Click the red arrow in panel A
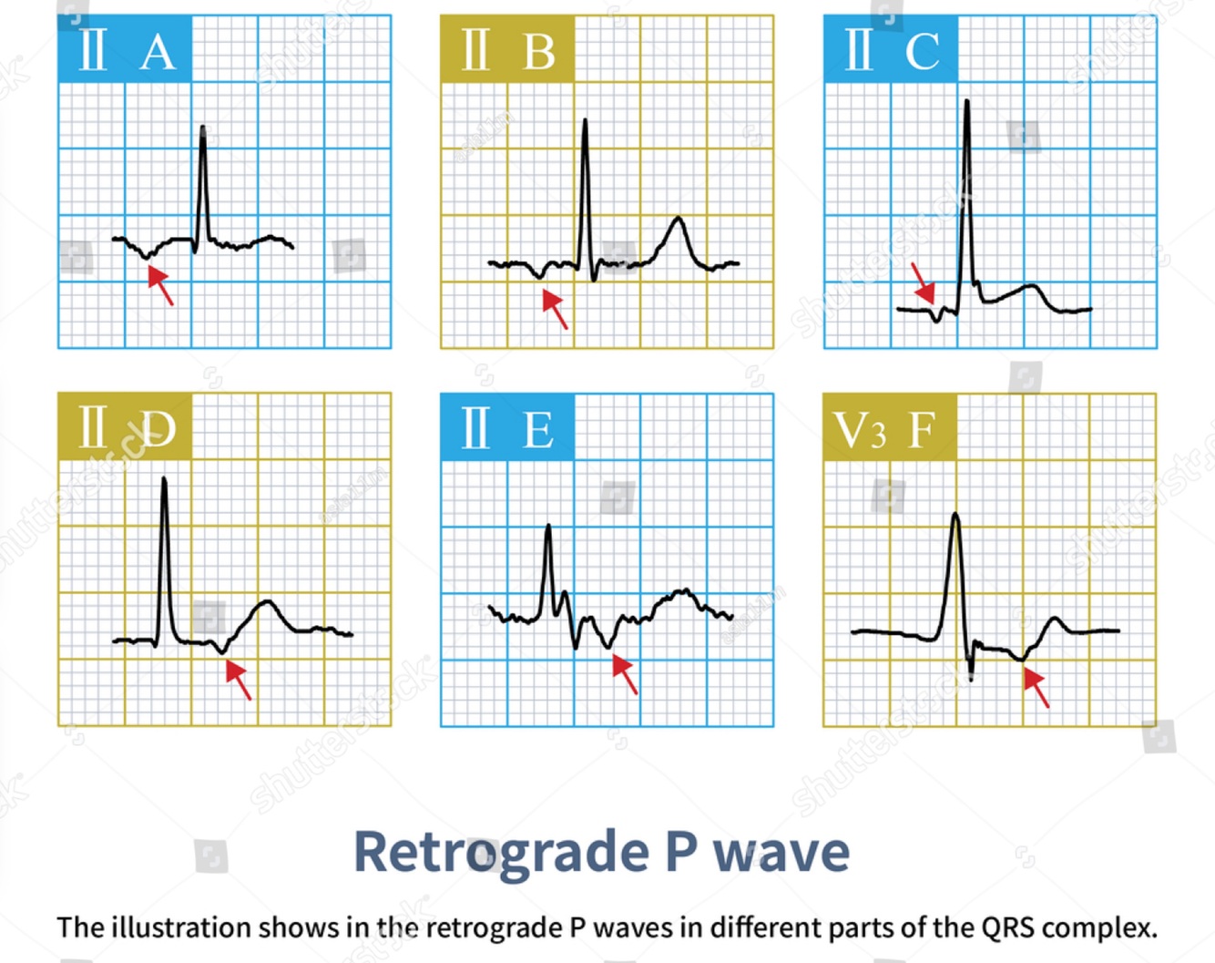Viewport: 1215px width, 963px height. (160, 285)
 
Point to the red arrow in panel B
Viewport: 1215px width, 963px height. (555, 309)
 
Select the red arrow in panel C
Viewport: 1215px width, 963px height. (924, 282)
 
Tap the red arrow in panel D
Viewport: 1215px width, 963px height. (238, 680)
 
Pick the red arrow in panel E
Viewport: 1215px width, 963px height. (625, 674)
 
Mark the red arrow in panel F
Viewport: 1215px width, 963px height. (1036, 687)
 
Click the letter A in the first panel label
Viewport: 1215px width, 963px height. (158, 52)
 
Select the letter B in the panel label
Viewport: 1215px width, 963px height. (539, 52)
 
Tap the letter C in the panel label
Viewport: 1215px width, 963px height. (922, 52)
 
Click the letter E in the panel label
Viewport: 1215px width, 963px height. (537, 430)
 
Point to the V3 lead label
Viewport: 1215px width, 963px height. (859, 430)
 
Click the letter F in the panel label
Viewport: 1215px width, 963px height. (922, 430)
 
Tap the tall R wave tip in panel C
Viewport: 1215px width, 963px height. (966, 102)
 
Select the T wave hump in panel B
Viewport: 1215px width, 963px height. (677, 220)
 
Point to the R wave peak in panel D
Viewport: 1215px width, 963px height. (164, 479)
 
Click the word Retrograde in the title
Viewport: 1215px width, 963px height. (501, 853)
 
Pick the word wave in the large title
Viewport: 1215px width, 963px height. (781, 853)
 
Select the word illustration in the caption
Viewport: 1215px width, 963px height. (181, 927)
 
